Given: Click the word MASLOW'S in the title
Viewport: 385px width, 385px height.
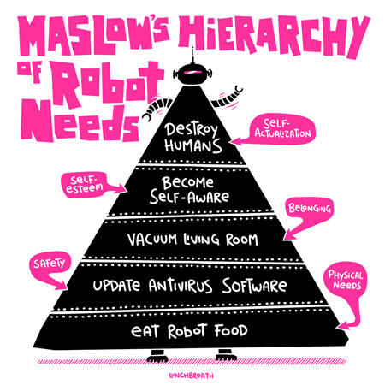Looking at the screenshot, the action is click(x=93, y=34).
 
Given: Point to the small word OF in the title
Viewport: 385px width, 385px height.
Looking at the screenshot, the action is click(x=30, y=71).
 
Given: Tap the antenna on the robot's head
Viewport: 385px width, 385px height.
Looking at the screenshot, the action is click(x=193, y=55).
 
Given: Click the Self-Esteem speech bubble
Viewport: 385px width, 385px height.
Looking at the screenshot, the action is click(x=86, y=185).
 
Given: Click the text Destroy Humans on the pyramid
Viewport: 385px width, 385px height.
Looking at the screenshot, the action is click(x=193, y=138).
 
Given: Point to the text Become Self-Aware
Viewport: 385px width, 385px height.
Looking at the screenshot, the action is click(x=189, y=190).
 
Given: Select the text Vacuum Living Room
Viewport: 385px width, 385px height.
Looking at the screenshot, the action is click(x=192, y=240).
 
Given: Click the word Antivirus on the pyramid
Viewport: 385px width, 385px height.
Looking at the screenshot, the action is click(x=181, y=286).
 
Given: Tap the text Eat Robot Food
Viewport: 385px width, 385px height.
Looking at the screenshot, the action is click(x=189, y=331).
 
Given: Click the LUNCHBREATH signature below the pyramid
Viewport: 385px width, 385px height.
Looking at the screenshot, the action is click(x=191, y=376).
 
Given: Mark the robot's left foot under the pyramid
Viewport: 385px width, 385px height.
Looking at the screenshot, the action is click(x=157, y=356).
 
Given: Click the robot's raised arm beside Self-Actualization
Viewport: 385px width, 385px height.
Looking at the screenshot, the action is click(x=227, y=98).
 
